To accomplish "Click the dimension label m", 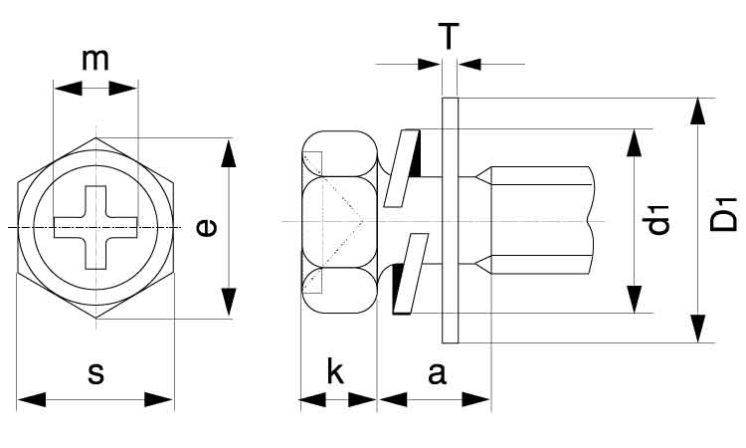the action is coord(95,60).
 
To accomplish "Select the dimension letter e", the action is coord(207,228).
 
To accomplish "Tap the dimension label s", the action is coord(95,373).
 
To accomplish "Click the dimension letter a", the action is coord(437,373).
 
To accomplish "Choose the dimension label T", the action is coord(450,36).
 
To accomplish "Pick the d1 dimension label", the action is coord(658,220).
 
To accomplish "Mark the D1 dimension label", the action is coord(723,215).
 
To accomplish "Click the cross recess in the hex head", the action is coord(95,227).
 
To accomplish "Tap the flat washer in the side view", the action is coord(450,220).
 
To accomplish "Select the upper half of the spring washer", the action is coord(403,168).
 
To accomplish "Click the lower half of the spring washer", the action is coord(410,274).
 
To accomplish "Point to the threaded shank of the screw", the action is coord(542,220).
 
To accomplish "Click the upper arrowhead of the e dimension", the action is coord(229,153).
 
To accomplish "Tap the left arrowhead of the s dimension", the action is coord(32,400).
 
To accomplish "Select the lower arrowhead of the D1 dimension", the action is coord(698,328).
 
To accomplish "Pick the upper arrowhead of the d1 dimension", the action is coord(634,142).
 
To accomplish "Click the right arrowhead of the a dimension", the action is coord(476,400).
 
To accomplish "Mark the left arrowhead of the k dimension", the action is coord(313,400).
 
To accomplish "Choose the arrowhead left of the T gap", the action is coord(429,64).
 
